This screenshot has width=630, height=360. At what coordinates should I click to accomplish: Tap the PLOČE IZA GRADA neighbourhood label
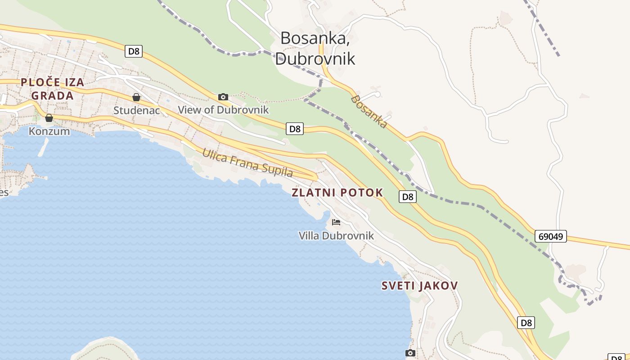(53, 89)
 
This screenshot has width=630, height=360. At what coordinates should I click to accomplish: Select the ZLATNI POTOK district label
(337, 193)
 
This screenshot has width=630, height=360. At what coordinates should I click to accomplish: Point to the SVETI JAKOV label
(420, 285)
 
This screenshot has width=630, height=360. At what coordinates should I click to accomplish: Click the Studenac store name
(137, 110)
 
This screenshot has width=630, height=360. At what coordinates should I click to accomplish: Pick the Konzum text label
(49, 131)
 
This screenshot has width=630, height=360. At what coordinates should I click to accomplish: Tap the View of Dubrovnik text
(223, 110)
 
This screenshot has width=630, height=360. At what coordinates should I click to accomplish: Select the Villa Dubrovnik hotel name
(336, 235)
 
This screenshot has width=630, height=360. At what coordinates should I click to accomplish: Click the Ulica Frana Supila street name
(247, 162)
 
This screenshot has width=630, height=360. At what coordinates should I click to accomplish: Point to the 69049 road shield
(551, 236)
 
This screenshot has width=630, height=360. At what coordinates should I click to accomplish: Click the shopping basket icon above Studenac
(136, 97)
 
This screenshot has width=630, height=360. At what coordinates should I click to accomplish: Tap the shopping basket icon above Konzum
(49, 118)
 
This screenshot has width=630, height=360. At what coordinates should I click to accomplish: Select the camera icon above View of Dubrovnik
(223, 97)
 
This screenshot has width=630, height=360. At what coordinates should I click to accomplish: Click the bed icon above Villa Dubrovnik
(336, 222)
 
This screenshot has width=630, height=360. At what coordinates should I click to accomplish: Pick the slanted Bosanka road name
(369, 111)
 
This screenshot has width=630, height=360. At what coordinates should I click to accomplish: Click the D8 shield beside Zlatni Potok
(407, 197)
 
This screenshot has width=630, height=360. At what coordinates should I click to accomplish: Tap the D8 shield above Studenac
(134, 51)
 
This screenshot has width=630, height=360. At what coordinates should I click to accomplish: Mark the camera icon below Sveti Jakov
(410, 353)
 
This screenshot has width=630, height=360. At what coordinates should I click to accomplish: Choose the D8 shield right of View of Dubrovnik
(294, 129)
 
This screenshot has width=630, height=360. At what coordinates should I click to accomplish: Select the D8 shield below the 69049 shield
(526, 323)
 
